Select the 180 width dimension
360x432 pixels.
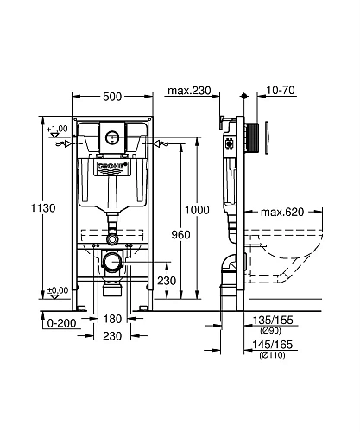tap(112, 320)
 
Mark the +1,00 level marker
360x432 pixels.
tap(59, 130)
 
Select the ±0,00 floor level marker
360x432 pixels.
tap(59, 290)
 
